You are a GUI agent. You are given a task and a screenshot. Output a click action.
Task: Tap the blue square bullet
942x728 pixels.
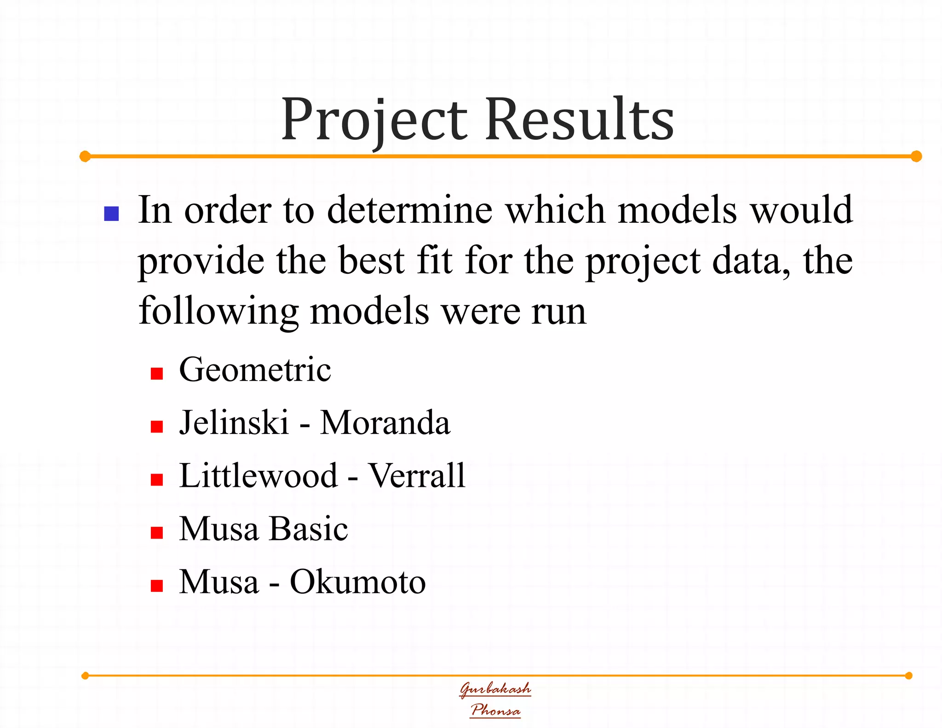(112, 214)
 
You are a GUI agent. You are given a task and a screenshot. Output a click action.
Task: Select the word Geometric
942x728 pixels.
(255, 370)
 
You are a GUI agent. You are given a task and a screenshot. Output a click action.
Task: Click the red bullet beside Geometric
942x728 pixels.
(157, 373)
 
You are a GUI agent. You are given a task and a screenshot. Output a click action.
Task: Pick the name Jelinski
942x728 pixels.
(234, 423)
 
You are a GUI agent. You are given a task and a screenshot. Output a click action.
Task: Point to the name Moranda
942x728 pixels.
(385, 423)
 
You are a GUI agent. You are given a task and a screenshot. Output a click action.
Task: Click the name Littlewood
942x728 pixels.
(258, 476)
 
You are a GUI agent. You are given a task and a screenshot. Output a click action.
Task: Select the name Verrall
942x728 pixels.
(417, 476)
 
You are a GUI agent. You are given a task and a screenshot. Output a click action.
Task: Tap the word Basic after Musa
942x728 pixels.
(308, 529)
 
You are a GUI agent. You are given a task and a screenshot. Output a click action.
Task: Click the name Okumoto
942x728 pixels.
(357, 582)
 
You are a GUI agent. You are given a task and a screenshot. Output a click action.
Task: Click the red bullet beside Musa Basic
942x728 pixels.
(157, 533)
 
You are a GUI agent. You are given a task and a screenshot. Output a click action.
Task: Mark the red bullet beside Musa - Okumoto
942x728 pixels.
(157, 585)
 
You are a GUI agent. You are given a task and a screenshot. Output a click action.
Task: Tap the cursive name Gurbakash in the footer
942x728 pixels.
(495, 689)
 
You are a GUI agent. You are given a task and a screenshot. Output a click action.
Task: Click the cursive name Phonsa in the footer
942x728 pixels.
(495, 710)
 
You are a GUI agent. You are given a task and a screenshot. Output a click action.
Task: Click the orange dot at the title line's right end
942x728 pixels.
(916, 156)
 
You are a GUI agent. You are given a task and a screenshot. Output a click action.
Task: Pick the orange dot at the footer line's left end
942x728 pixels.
(85, 676)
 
